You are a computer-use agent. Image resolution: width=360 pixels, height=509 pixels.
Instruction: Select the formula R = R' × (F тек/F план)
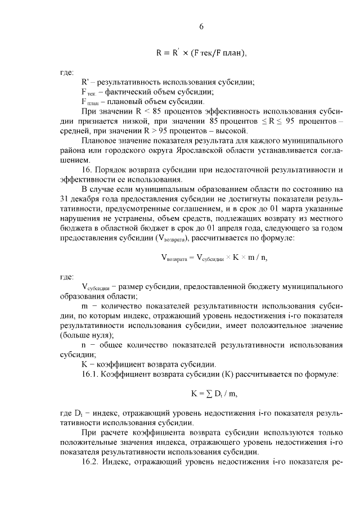coord(201,54)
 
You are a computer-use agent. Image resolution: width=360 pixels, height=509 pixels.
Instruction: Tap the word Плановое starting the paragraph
coord(100,140)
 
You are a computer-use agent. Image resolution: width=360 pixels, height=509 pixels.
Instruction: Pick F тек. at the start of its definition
coord(90,92)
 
